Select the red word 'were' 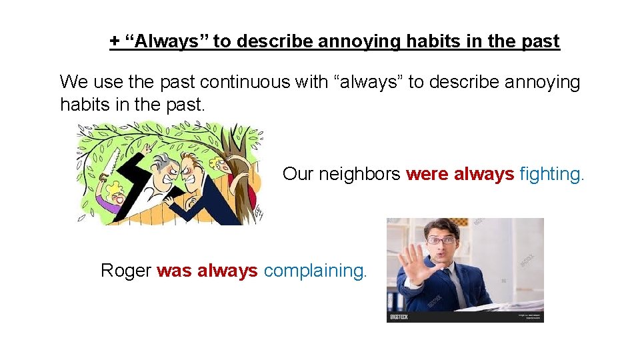click(427, 174)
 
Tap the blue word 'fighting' click(551, 175)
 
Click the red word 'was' click(174, 271)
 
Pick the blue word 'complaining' click(315, 271)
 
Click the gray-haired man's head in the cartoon click(163, 165)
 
